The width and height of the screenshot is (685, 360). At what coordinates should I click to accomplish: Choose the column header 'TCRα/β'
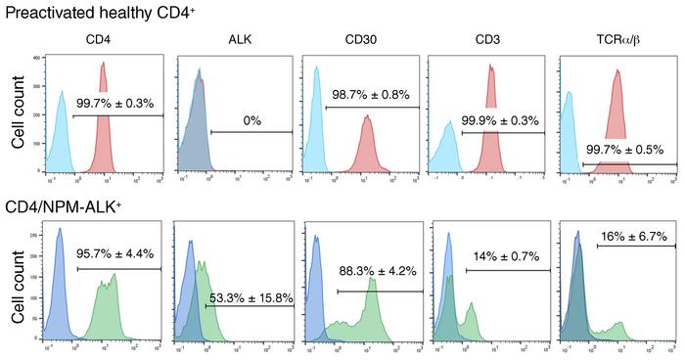point(616,40)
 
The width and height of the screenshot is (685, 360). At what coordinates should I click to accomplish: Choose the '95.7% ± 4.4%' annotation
point(117,256)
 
